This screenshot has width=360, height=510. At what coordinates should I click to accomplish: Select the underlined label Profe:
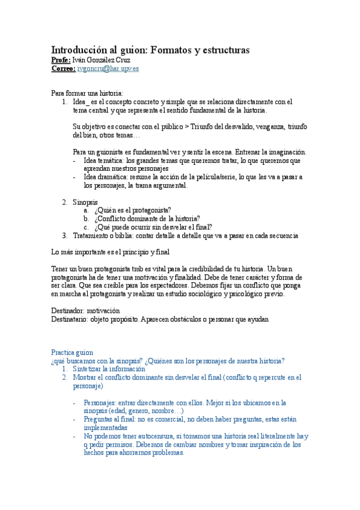[x=61, y=60]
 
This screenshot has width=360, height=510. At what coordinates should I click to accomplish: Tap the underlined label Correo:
[x=63, y=69]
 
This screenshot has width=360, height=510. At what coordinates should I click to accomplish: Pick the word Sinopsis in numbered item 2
[x=85, y=202]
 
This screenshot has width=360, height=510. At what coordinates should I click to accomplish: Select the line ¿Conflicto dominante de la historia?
[x=147, y=219]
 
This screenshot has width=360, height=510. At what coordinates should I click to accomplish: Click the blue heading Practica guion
[x=72, y=352]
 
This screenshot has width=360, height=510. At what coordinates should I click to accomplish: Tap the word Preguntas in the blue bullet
[x=100, y=419]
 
